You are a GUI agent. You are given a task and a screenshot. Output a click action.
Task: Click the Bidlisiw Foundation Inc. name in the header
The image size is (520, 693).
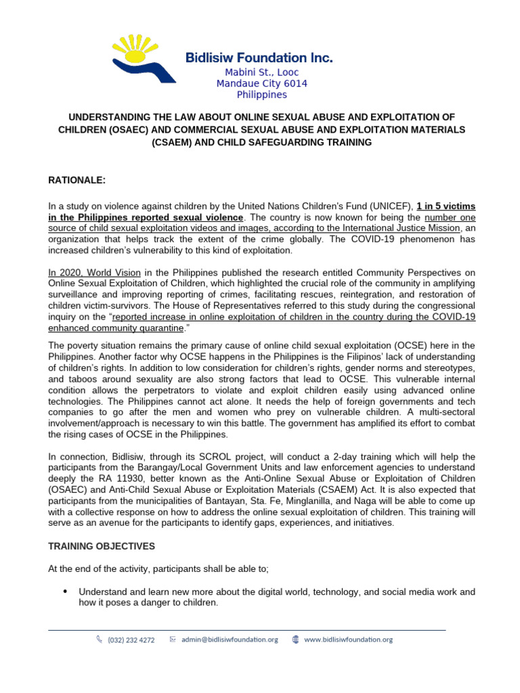[x=259, y=58]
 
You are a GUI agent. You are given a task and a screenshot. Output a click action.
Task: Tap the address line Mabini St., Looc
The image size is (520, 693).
[x=262, y=72]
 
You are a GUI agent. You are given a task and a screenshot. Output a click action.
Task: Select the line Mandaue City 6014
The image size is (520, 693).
[x=261, y=84]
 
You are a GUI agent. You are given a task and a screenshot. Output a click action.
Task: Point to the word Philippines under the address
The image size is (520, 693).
[x=261, y=95]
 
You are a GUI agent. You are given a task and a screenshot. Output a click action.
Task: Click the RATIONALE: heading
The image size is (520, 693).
[x=76, y=181]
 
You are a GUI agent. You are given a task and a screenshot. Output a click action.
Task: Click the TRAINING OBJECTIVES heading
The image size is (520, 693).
[x=101, y=546]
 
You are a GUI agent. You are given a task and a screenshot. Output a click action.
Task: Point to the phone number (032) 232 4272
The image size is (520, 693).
[x=131, y=640]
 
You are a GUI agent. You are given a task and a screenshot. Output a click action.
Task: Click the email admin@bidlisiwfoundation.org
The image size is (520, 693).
[x=229, y=640]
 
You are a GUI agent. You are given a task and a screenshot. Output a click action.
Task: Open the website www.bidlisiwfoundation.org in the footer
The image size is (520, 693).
[x=348, y=640]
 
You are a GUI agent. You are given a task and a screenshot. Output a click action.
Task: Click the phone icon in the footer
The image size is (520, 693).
[x=100, y=640]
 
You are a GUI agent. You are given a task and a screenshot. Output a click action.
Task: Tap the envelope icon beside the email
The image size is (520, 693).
[x=173, y=640]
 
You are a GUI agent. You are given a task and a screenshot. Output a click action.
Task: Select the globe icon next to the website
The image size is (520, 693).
[x=295, y=640]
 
